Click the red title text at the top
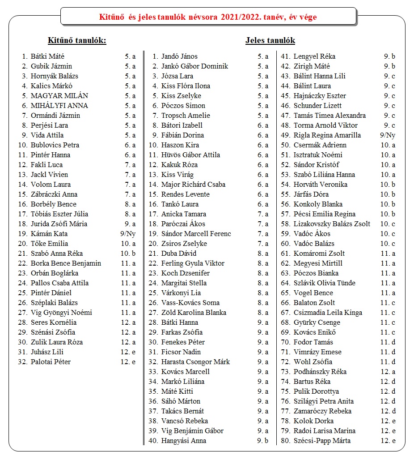(x=208, y=17)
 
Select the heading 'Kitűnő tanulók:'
(x=77, y=41)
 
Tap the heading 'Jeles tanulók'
(x=270, y=40)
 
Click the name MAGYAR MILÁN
(x=59, y=96)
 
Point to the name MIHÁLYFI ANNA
(x=59, y=106)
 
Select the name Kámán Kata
(x=49, y=234)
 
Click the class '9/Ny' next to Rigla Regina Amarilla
(x=388, y=135)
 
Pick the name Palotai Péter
(x=51, y=362)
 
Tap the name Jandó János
(x=179, y=56)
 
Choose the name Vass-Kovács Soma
(x=190, y=303)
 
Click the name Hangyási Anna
(x=184, y=441)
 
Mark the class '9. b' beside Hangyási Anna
(x=263, y=441)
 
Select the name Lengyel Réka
(x=314, y=56)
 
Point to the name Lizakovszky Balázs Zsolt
(x=332, y=224)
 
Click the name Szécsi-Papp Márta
(x=322, y=441)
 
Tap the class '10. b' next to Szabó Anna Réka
(x=127, y=254)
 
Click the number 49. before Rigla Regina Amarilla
(x=286, y=135)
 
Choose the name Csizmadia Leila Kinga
(x=328, y=313)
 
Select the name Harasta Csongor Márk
(x=195, y=362)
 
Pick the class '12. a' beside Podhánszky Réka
(x=388, y=372)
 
